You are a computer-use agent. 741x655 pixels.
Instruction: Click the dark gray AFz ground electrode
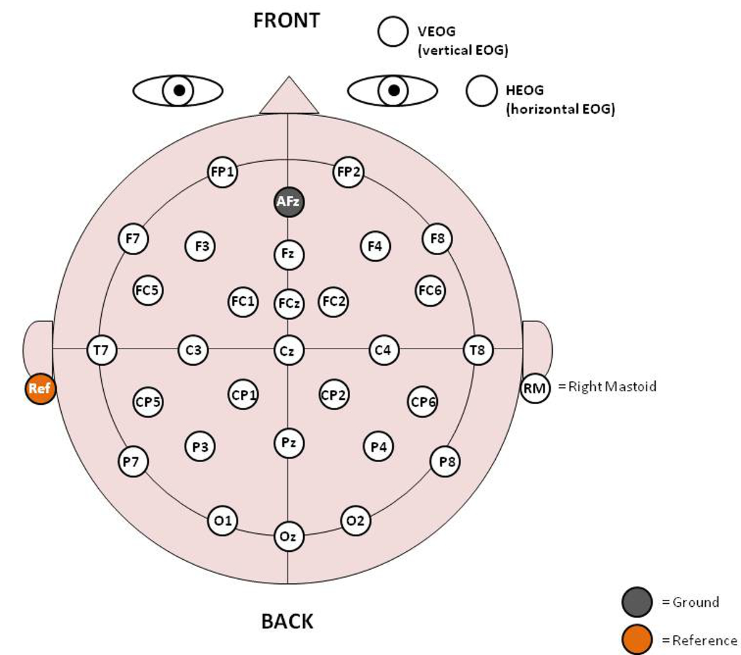tap(289, 201)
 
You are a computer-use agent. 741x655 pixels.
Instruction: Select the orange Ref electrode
tap(40, 389)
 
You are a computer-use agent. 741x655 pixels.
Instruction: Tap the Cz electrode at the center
tap(288, 351)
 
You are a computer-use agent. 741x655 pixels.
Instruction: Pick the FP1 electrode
tap(222, 172)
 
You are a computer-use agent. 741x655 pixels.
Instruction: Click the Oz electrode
tap(288, 536)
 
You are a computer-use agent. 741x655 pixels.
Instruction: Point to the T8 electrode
tap(478, 350)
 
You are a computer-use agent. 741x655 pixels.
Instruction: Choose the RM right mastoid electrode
tap(535, 389)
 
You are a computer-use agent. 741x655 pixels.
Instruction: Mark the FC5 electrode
tap(148, 290)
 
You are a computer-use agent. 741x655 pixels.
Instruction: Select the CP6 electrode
tap(424, 402)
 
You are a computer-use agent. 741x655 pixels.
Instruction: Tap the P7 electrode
tap(133, 461)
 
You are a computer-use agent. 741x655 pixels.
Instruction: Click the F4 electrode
tap(375, 247)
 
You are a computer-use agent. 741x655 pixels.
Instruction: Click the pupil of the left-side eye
tap(179, 91)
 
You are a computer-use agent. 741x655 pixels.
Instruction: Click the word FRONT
tap(287, 20)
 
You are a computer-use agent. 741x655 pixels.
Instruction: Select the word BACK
tap(287, 621)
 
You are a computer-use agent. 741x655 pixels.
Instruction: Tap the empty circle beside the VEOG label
tap(393, 32)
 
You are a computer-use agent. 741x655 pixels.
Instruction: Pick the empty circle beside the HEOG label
tap(482, 91)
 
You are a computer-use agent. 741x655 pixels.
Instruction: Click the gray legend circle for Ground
tap(637, 602)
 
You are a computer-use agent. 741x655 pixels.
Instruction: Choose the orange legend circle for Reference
tap(637, 640)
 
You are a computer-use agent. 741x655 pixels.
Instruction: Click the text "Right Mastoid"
tap(611, 387)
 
